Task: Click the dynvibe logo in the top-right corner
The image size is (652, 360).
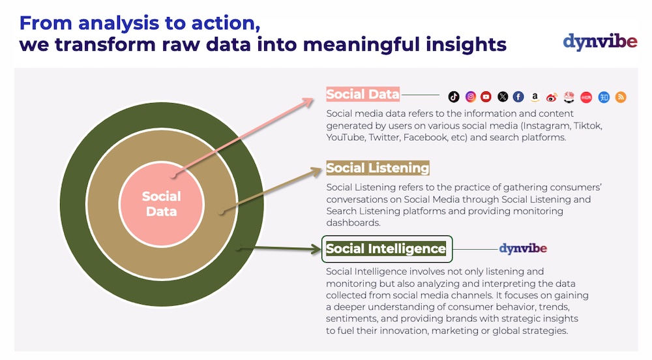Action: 600,42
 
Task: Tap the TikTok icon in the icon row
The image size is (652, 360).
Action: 454,97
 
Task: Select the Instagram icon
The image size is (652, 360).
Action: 470,97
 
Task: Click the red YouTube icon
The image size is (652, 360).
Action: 486,97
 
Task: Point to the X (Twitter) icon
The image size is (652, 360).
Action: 503,97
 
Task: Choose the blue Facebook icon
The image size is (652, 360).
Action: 518,97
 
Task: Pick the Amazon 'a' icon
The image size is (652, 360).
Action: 535,97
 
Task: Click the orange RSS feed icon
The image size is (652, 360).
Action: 621,97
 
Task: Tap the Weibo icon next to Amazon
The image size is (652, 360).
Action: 552,98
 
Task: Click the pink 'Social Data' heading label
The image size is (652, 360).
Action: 363,95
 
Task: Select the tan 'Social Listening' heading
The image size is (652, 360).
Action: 378,168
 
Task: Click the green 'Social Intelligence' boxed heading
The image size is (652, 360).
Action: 386,248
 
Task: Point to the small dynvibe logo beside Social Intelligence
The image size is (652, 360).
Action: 523,248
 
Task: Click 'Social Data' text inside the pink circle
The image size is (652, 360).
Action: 161,203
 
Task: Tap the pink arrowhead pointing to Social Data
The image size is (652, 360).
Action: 308,102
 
